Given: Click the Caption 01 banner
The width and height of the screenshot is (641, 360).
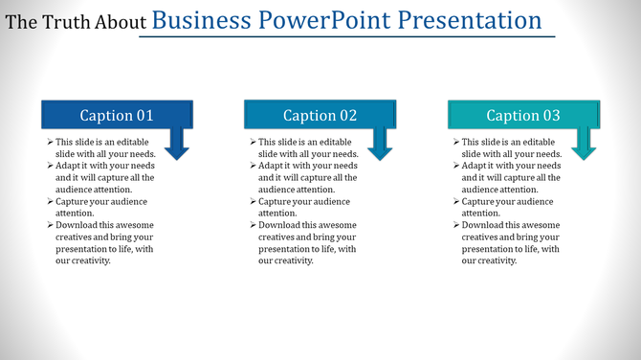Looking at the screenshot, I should coord(116,115).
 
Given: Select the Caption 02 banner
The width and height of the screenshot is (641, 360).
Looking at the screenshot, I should coord(320,115).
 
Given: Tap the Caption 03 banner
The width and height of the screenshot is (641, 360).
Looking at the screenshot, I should coord(523,115).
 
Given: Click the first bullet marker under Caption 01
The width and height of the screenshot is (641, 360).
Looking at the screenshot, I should coord(49,142).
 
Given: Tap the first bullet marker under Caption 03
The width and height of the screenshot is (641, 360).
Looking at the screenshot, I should coord(455,142).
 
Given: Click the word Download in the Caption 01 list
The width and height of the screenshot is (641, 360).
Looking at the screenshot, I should coord(77,226).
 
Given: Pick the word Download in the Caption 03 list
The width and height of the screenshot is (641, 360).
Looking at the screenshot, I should coord(483,226).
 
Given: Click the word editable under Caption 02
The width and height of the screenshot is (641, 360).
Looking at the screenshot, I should coord(339,142).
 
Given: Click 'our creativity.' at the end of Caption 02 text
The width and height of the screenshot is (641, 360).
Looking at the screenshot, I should coord(286,261).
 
